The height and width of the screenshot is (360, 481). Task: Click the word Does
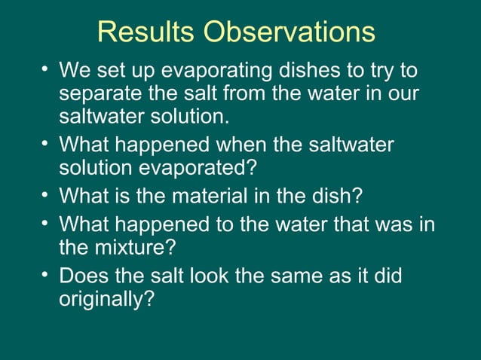[83, 276]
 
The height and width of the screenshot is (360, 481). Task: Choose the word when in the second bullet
[227, 144]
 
